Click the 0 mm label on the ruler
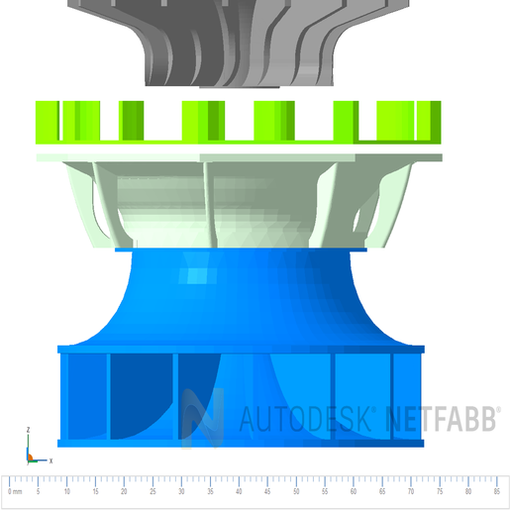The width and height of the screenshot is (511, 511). [13, 492]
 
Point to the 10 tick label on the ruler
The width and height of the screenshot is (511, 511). [66, 492]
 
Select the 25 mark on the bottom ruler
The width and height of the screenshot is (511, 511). [153, 492]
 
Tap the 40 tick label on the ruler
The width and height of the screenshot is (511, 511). [238, 492]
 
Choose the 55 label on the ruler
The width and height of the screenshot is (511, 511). [324, 492]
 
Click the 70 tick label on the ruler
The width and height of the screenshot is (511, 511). [410, 492]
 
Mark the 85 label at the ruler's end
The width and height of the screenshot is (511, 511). [495, 492]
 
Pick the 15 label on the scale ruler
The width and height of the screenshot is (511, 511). [95, 492]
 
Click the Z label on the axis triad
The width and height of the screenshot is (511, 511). [28, 430]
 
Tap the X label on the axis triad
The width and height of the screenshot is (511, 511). [50, 460]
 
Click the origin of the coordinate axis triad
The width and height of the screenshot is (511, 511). [30, 459]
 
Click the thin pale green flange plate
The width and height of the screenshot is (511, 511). [238, 156]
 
